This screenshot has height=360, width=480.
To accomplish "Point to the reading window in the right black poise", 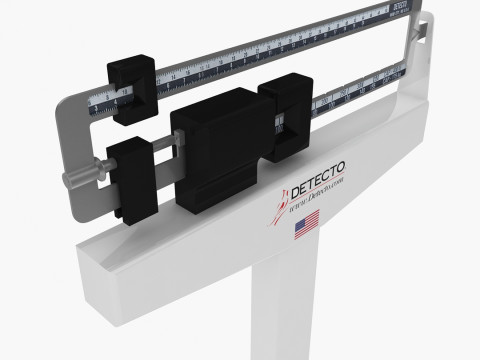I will coord(284,124).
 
